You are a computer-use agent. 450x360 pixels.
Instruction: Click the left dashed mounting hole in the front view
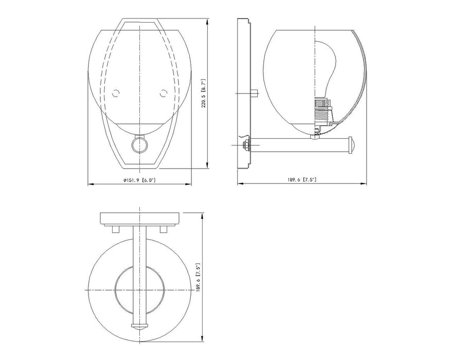116,93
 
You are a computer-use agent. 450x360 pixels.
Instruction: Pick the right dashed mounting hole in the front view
164,93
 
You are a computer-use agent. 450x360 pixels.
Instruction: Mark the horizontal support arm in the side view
301,145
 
